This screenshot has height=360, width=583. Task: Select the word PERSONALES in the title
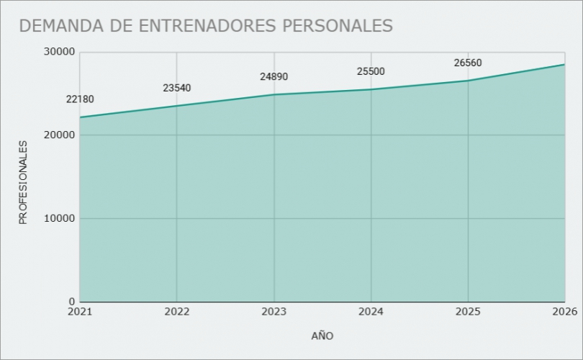[338, 25]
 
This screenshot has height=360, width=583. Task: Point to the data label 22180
[80, 99]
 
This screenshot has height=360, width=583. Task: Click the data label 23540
[177, 89]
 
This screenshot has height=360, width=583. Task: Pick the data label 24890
[274, 77]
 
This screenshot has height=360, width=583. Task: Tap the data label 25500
[371, 71]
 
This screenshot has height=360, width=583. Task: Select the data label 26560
[468, 63]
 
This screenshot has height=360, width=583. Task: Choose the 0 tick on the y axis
[71, 302]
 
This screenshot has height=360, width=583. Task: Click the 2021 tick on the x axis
[80, 312]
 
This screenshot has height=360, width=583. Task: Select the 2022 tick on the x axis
[177, 312]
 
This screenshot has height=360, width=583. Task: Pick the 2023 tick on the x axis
[274, 312]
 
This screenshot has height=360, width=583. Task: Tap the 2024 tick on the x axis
[371, 312]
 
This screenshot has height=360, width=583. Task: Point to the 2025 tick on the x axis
[468, 312]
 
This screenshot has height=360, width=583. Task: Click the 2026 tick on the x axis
[564, 312]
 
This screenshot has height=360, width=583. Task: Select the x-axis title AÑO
[322, 336]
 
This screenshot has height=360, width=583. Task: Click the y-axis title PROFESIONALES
[23, 182]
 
